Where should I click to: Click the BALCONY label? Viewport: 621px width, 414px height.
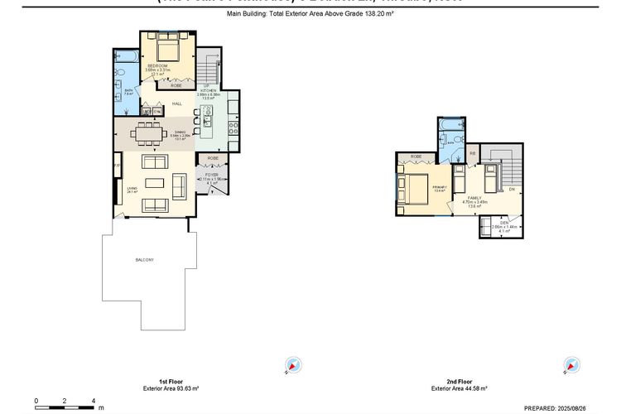pyautogui.click(x=145, y=261)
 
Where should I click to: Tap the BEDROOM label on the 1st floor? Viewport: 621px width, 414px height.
pyautogui.click(x=157, y=65)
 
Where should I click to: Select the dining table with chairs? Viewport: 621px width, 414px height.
pyautogui.click(x=150, y=132)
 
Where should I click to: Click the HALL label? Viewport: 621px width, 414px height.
pyautogui.click(x=177, y=103)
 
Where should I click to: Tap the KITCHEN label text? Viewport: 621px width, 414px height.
pyautogui.click(x=207, y=89)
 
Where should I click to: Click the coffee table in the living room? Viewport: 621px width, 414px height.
pyautogui.click(x=156, y=183)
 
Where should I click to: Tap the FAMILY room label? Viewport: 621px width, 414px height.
pyautogui.click(x=474, y=198)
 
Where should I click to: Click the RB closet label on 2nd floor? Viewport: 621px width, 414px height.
pyautogui.click(x=472, y=153)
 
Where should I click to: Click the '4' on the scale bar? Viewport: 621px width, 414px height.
pyautogui.click(x=93, y=400)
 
